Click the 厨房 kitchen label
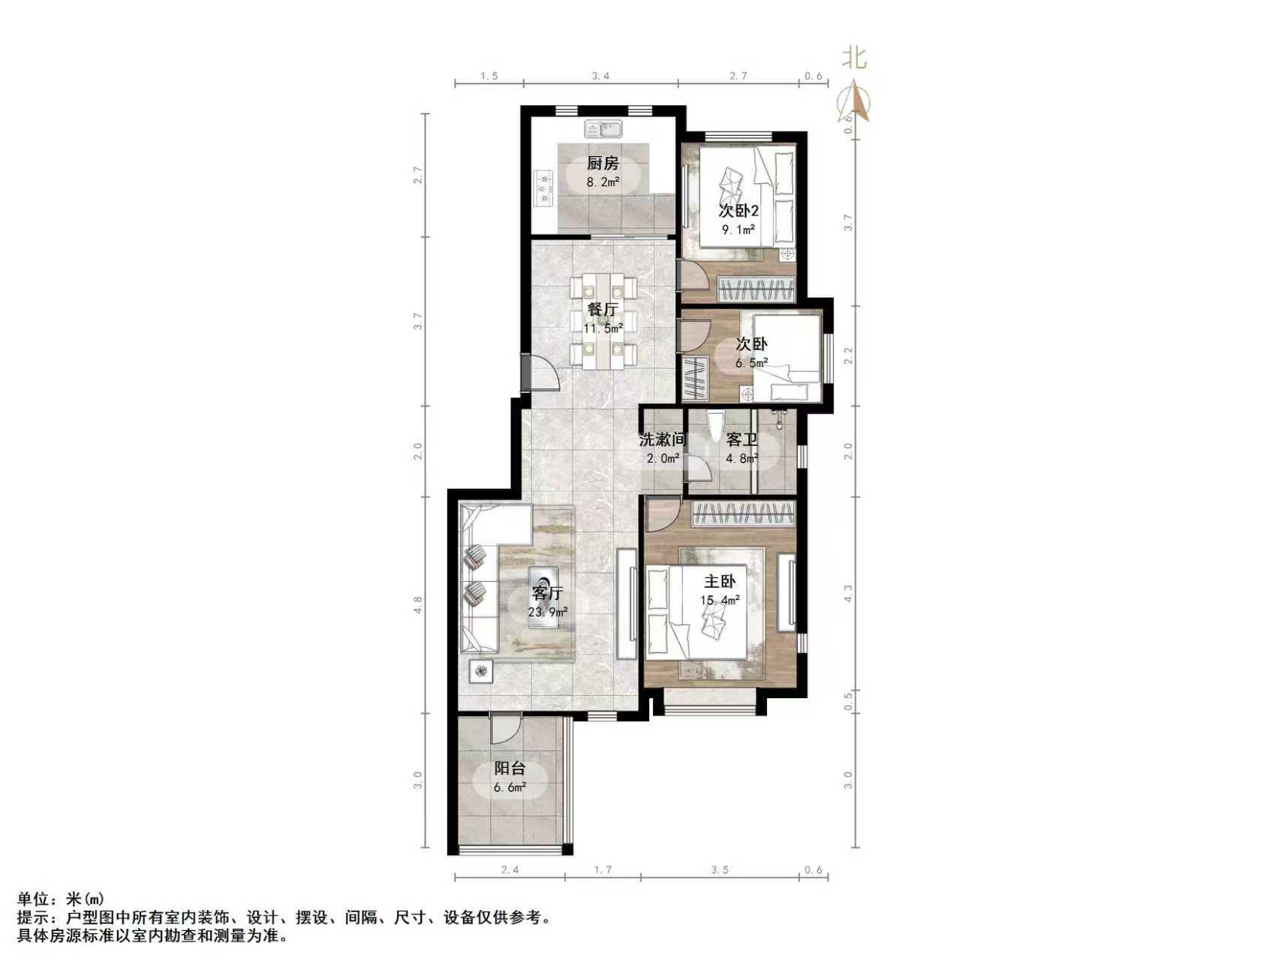coord(602,163)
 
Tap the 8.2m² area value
coord(603,182)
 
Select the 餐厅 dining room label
coord(603,309)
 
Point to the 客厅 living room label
coord(547,593)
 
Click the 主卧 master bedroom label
coord(720,581)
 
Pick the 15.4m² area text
coord(720,600)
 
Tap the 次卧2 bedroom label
coord(738,210)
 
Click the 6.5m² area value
coord(751,363)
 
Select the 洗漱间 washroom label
coord(663,439)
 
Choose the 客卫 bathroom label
coord(741,440)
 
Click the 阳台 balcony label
coord(510,768)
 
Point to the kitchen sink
coord(605,129)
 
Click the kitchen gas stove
coord(543,188)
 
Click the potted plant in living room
coord(481,670)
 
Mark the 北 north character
coord(853,58)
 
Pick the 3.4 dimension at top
coord(600,76)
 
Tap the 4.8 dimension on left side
coord(418,604)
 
